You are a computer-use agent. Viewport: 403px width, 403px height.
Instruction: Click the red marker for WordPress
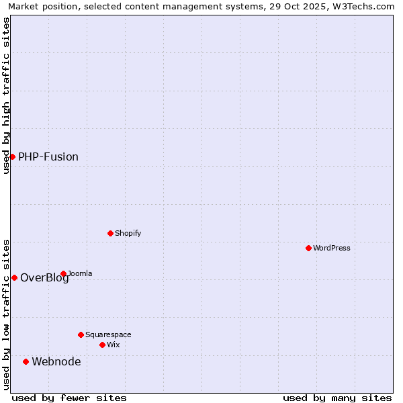(x=308, y=248)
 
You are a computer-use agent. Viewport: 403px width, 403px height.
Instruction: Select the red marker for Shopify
(x=110, y=233)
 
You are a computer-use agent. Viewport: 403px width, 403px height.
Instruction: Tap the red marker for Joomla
(x=63, y=273)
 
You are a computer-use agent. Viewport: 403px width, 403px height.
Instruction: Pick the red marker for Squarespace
(x=81, y=334)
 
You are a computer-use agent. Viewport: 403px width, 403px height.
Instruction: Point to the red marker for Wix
(x=102, y=345)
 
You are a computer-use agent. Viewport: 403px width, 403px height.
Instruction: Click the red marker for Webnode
(x=26, y=361)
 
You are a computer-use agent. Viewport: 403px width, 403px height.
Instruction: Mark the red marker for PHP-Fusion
(x=12, y=156)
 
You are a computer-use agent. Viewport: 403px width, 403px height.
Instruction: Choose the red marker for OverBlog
(x=14, y=277)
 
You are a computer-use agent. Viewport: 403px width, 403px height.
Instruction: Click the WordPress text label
(x=331, y=248)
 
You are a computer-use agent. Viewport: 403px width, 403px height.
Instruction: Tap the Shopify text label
(x=128, y=233)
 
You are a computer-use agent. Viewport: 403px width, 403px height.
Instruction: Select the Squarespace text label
(x=108, y=334)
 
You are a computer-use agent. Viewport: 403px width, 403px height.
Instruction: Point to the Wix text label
(x=113, y=345)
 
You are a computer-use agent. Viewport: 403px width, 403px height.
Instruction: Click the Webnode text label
(x=56, y=361)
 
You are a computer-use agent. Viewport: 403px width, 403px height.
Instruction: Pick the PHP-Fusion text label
(x=48, y=156)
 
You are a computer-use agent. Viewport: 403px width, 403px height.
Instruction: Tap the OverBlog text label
(x=44, y=278)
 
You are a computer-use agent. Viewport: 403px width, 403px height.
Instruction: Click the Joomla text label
(x=80, y=273)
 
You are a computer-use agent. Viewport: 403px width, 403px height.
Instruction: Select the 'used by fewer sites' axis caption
(x=69, y=398)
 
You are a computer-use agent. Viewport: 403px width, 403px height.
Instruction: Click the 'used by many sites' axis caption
(x=337, y=398)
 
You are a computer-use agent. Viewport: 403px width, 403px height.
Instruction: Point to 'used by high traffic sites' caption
(x=6, y=95)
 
